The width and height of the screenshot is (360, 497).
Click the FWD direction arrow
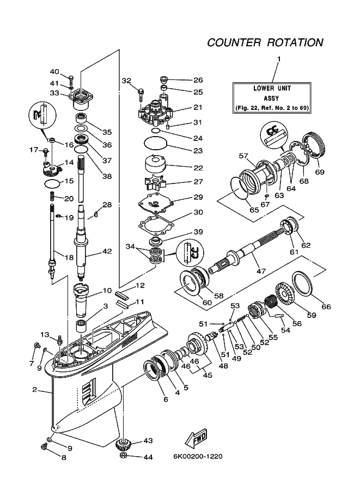(196, 439)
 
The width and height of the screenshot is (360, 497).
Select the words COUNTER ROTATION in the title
(265, 42)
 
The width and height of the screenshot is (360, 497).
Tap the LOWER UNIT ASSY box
(272, 97)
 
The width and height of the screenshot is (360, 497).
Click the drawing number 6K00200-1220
(198, 456)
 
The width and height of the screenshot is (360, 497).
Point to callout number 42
(107, 251)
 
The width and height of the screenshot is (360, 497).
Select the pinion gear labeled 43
(124, 445)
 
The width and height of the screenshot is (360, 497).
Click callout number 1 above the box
(279, 59)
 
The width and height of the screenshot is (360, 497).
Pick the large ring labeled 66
(302, 283)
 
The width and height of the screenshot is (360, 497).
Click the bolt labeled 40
(71, 78)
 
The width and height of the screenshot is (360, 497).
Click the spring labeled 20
(52, 197)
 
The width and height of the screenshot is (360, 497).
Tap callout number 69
(320, 172)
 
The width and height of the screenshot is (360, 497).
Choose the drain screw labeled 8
(44, 446)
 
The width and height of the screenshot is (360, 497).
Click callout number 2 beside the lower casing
(35, 390)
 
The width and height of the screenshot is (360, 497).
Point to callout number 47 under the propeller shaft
(261, 271)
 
